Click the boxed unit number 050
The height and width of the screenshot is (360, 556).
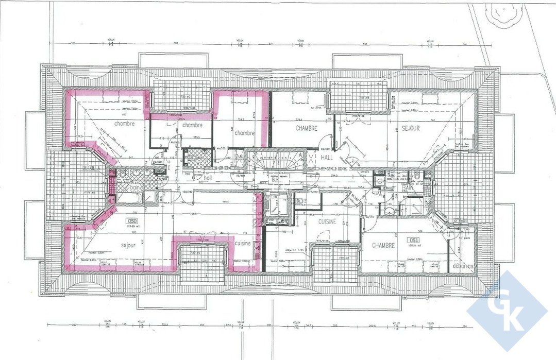click(130, 222)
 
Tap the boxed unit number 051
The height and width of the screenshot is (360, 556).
click(413, 240)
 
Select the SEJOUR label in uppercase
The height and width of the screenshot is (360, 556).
click(411, 128)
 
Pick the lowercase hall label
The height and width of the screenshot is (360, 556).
click(208, 178)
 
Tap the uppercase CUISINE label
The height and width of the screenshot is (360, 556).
click(327, 221)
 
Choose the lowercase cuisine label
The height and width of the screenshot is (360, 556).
click(243, 243)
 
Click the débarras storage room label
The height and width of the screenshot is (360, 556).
click(463, 266)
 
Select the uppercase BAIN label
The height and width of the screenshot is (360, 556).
click(408, 188)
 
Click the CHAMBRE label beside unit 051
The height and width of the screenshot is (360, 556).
click(383, 246)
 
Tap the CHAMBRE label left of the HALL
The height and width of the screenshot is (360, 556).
click(306, 128)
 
